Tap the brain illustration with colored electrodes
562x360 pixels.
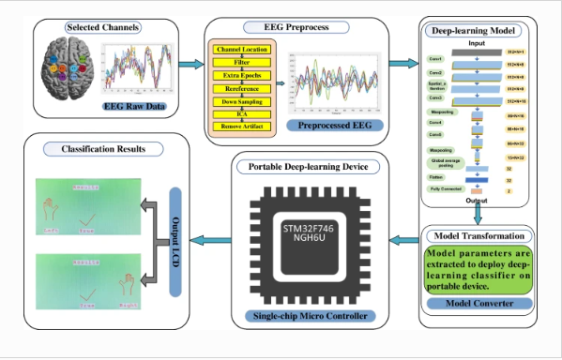click(x=67, y=74)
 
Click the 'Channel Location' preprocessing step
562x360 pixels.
click(x=243, y=49)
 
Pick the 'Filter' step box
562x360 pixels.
click(x=243, y=62)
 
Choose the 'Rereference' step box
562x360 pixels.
click(x=243, y=87)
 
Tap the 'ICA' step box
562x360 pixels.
click(x=243, y=112)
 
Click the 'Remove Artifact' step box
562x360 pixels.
click(x=243, y=126)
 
